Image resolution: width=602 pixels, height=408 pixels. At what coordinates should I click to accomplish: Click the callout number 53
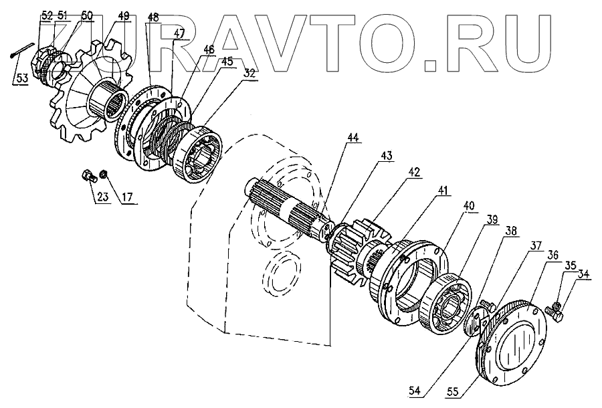coord(22,78)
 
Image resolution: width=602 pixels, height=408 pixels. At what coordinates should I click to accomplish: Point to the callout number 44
coord(353,138)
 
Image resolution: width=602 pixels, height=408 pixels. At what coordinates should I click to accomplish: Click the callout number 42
coord(415,171)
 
